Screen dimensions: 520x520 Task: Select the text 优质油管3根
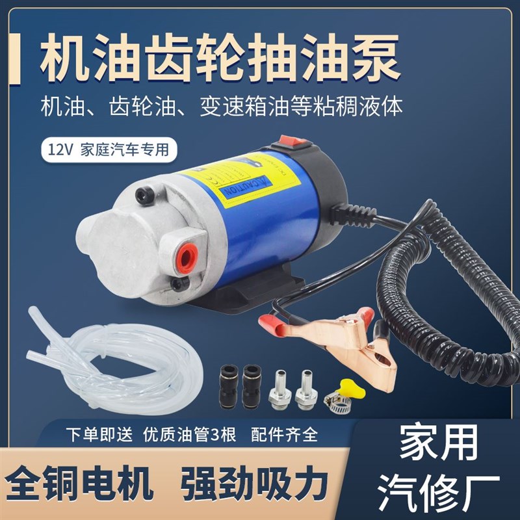point(188,435)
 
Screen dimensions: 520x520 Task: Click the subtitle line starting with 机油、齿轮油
point(221,106)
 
